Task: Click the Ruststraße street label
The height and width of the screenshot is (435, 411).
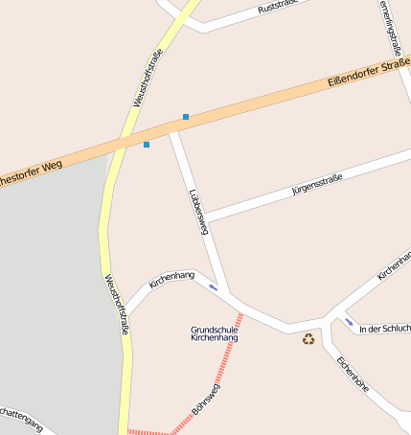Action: (278, 7)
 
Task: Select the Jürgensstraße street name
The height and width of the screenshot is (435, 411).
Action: (317, 183)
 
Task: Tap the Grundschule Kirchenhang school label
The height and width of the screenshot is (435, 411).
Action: (215, 333)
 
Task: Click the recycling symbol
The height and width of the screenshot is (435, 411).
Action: (308, 338)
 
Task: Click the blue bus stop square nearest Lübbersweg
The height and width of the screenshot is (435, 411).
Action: (186, 117)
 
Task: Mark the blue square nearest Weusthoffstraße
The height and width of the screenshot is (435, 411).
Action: (147, 145)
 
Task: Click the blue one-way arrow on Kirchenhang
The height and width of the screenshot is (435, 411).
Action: (213, 286)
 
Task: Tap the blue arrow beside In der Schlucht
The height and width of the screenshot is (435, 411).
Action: (349, 321)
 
